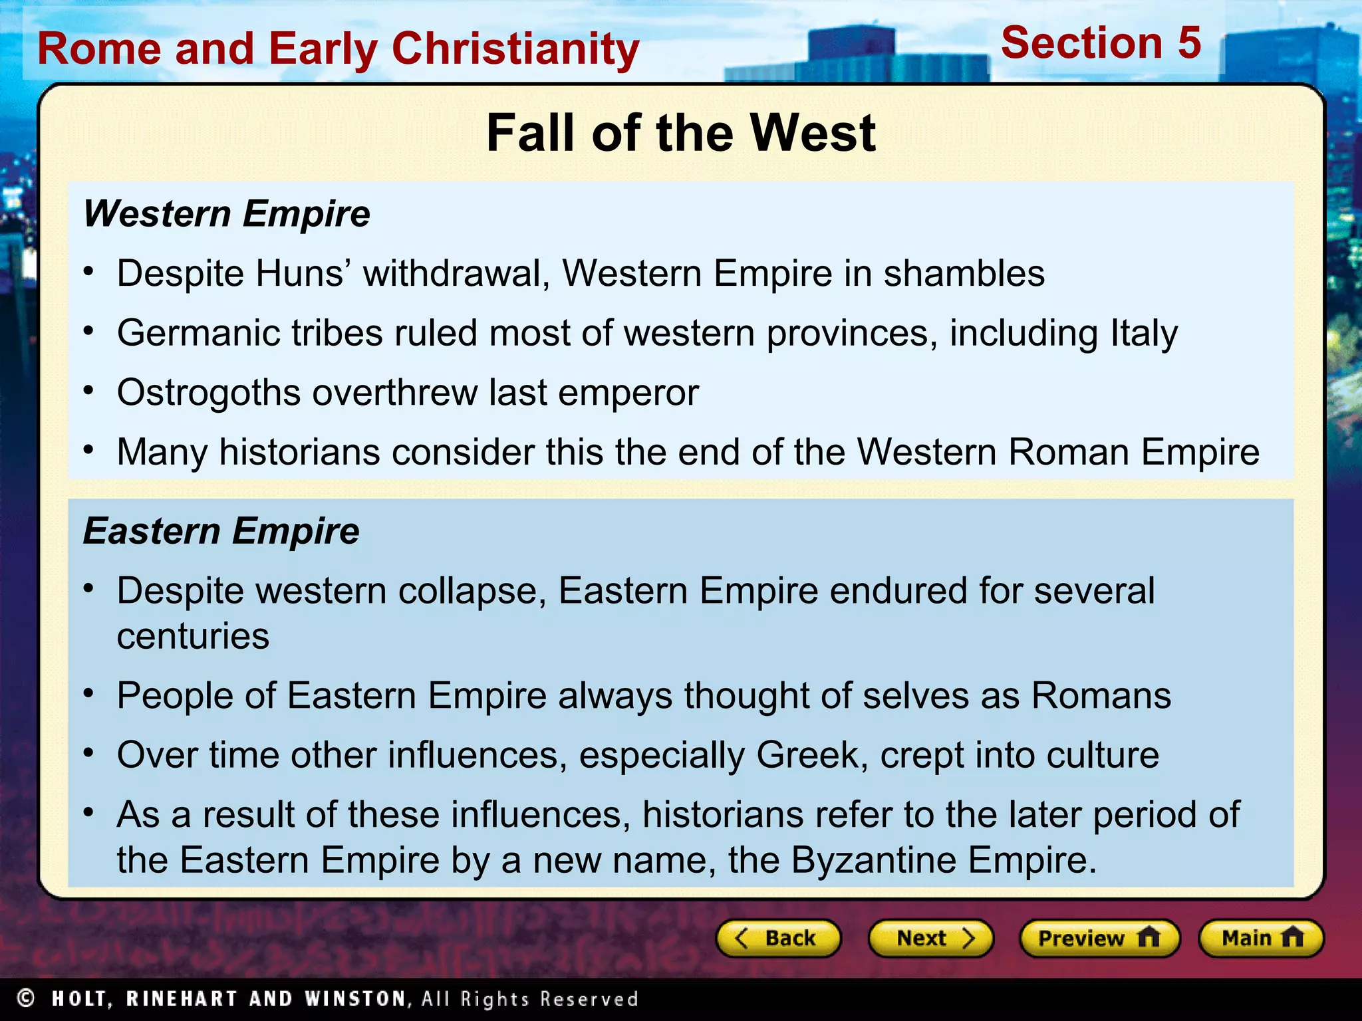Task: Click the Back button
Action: pos(778,938)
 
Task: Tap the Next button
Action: pos(930,938)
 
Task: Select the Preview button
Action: pos(1099,938)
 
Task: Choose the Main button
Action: pos(1261,938)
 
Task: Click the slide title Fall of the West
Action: pos(680,133)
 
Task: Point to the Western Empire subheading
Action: pos(226,214)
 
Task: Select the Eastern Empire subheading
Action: pos(221,531)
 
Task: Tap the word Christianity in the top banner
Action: pos(515,50)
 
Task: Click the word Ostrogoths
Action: pos(209,393)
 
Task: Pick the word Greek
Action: pos(807,755)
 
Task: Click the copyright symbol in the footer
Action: pos(26,998)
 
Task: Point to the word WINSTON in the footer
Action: pos(354,998)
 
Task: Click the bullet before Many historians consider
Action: pos(88,450)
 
